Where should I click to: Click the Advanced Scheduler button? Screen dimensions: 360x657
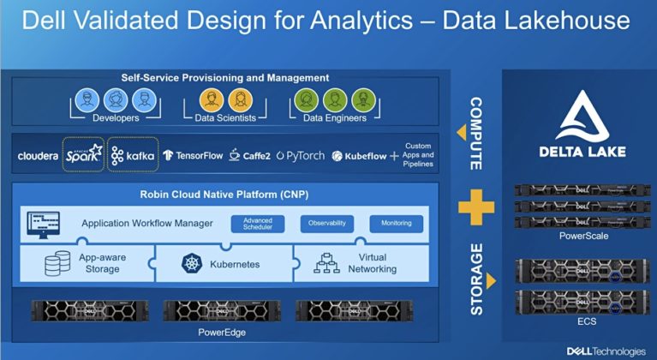click(x=258, y=224)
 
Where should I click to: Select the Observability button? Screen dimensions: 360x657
click(x=327, y=224)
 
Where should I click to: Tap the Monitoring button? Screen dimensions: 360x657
click(x=396, y=224)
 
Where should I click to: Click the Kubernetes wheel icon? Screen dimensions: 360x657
click(x=190, y=263)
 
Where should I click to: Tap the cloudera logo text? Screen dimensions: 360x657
click(x=38, y=156)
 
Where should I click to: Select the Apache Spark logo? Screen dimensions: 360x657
click(x=83, y=155)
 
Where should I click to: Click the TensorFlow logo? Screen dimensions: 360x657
click(x=193, y=156)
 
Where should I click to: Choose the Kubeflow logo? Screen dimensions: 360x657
click(x=359, y=156)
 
